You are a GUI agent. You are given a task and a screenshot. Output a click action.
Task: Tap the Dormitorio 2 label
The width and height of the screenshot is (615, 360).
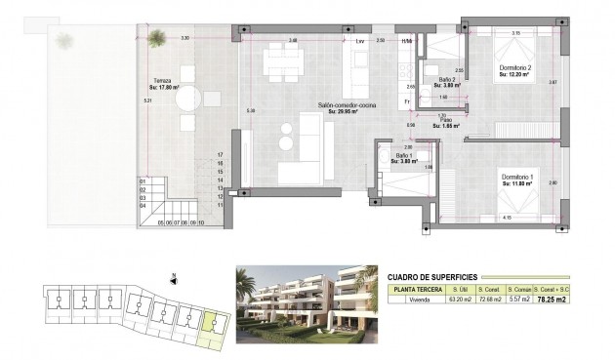pos(512,67)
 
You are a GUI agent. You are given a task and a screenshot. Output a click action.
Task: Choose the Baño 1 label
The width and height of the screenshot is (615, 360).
pos(404,157)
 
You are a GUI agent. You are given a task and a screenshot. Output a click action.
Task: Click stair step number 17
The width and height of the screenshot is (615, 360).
pos(221,155)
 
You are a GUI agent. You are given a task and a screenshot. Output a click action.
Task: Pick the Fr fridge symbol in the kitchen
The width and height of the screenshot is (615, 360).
pos(406,101)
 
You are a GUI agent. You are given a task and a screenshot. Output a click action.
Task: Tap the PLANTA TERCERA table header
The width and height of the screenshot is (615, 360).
pos(417,289)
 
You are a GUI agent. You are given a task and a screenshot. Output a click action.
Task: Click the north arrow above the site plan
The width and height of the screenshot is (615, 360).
pos(172,277)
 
